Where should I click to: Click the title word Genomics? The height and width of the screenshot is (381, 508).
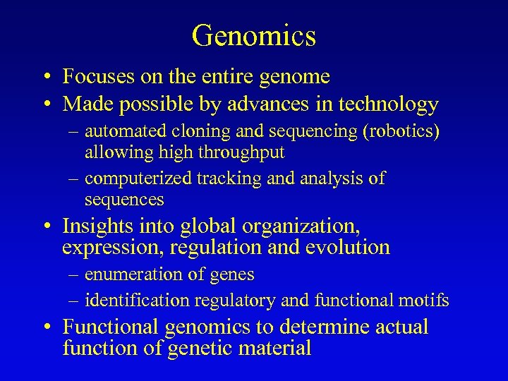253,35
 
